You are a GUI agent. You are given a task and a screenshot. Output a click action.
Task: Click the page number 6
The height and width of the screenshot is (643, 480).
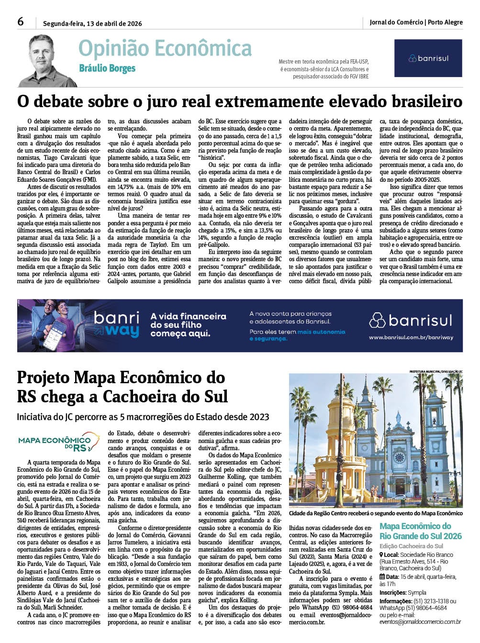(x=21, y=22)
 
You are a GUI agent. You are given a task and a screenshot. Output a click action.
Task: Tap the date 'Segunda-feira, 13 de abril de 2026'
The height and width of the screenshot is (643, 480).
(x=92, y=23)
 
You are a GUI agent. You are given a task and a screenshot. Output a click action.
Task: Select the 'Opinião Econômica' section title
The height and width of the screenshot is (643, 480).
(x=165, y=49)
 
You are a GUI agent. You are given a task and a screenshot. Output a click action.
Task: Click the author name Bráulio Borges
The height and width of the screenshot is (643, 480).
(x=107, y=68)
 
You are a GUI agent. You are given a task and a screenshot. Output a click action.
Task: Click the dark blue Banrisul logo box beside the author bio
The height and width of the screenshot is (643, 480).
(x=428, y=58)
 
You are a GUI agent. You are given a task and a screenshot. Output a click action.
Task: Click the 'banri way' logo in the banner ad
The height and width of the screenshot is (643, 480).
(x=116, y=324)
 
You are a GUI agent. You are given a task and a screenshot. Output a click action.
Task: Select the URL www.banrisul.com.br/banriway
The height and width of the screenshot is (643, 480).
(x=411, y=337)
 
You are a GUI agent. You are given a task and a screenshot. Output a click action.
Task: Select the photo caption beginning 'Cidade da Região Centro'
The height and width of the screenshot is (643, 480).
(x=376, y=513)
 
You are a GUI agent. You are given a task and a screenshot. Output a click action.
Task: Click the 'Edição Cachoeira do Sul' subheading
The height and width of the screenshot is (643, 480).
(x=411, y=546)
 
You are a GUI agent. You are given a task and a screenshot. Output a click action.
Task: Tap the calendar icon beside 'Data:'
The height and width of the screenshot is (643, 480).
(x=382, y=577)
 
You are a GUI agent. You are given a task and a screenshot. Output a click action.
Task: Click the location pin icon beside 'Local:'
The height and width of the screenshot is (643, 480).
(x=381, y=555)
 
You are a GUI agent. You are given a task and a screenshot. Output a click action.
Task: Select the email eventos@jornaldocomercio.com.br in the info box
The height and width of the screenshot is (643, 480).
(x=420, y=622)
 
